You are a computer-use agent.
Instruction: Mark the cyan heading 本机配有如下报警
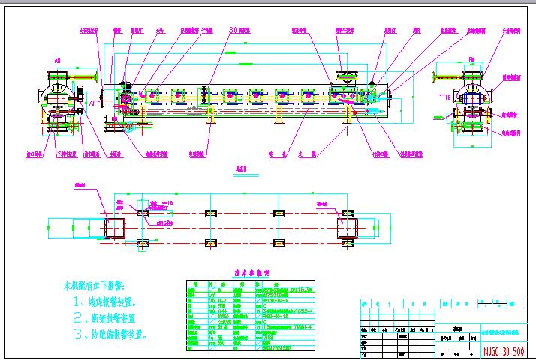coord(94,286)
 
